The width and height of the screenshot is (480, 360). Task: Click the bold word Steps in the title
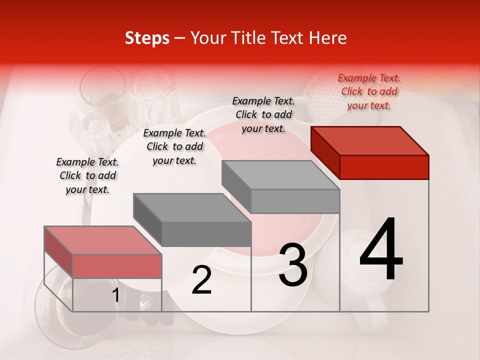[x=147, y=38]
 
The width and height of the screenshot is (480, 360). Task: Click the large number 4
[x=381, y=250]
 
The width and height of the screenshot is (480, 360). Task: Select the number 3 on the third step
[x=292, y=265]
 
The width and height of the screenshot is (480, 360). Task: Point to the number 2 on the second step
[x=201, y=280]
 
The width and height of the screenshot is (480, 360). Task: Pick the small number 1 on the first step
[x=115, y=295]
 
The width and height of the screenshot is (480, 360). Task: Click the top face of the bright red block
[x=370, y=140]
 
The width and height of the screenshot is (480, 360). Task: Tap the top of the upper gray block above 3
[x=280, y=174]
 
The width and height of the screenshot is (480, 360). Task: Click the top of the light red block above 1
[x=103, y=240]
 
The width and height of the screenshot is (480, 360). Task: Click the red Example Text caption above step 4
[x=369, y=91]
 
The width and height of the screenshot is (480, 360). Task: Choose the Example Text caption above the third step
[x=263, y=114]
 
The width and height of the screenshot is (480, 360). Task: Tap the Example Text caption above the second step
[x=174, y=146]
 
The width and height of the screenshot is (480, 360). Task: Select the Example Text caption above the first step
[x=87, y=175]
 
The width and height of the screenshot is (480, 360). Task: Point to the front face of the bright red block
[x=384, y=167]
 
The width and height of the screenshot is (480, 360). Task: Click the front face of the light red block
[x=117, y=266]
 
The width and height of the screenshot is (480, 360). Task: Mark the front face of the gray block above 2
[x=206, y=234]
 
